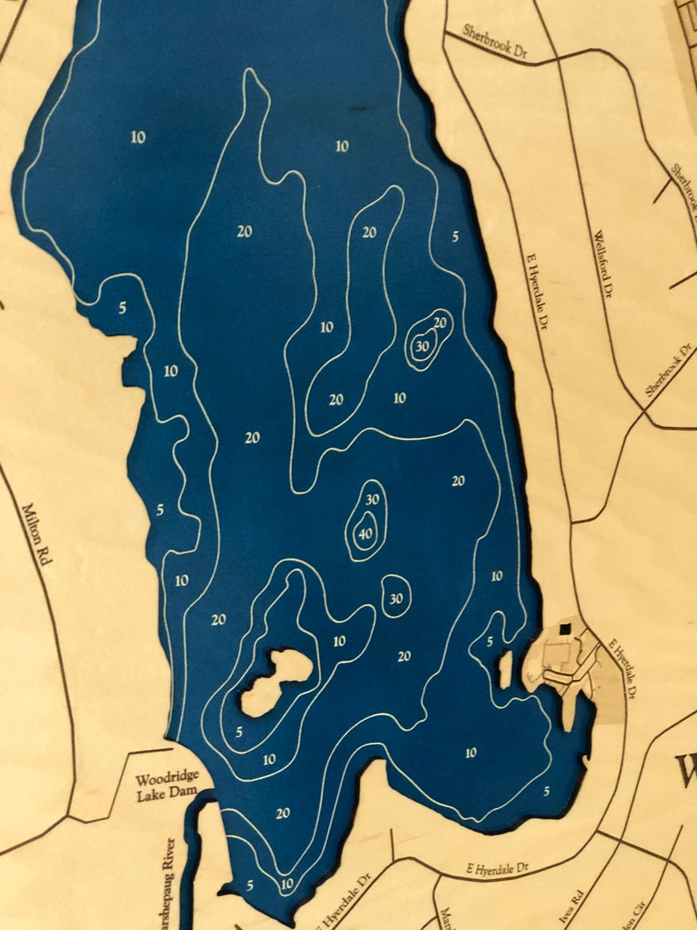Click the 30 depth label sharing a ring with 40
[371, 499]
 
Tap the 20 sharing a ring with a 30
[440, 322]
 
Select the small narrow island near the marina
[506, 668]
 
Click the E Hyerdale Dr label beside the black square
[622, 667]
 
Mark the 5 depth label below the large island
[239, 732]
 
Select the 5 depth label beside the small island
[490, 642]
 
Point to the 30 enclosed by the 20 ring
[422, 346]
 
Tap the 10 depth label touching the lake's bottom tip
[286, 883]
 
